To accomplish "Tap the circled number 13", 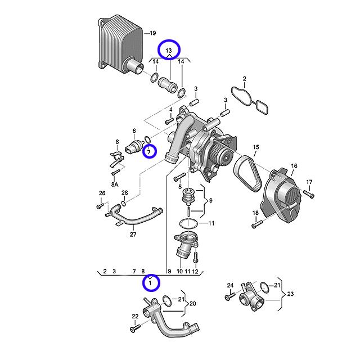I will point(168,50).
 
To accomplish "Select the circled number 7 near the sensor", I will point(149,151).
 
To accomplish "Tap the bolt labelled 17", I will point(310,194).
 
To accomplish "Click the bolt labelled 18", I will point(258,225).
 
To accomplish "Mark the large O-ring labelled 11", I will point(189,224).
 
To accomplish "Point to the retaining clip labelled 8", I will point(117,159).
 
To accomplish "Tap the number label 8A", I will point(115,184).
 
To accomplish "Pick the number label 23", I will point(290,294).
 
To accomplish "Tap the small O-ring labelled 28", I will point(123,201).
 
